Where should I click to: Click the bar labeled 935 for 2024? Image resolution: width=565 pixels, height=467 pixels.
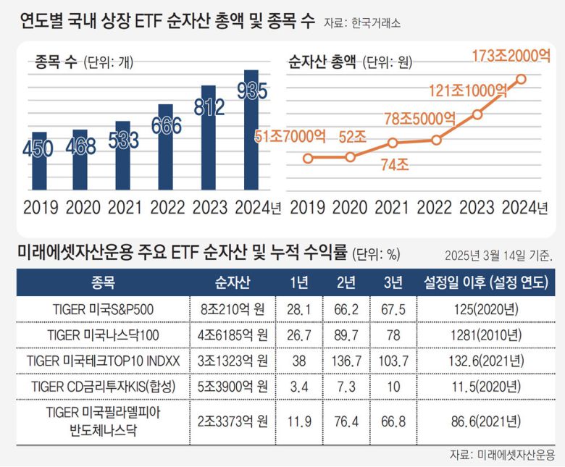point(251,130)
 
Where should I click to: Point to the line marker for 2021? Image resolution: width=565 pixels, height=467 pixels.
point(393,143)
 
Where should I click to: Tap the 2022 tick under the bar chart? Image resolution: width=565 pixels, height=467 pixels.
point(167,209)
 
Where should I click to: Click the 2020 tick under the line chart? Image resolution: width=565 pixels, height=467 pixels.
point(350,209)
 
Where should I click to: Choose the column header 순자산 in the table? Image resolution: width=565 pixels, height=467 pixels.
point(229,282)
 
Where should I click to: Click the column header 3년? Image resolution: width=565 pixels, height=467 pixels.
point(391,282)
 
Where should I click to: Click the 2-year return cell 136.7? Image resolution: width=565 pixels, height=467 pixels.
point(346,360)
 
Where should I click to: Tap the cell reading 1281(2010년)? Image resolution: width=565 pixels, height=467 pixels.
point(482,335)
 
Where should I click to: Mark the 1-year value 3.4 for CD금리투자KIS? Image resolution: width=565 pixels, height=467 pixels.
point(298,385)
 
